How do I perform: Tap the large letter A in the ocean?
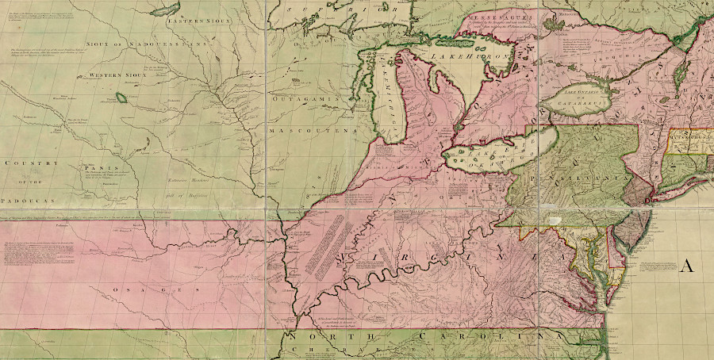686,266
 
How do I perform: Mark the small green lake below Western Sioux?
121,98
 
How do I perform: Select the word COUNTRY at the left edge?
30,163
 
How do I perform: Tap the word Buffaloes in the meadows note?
194,194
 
